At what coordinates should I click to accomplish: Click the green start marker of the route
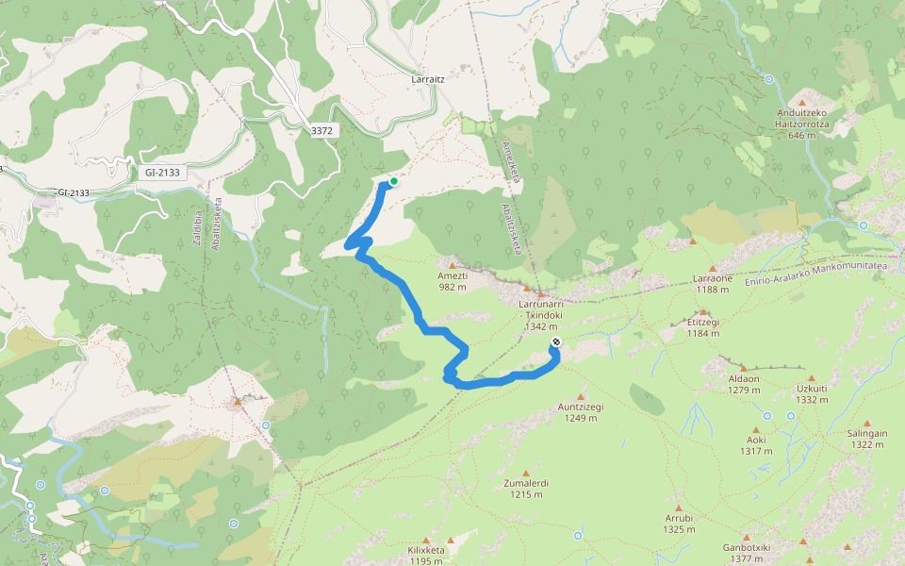coord(393,181)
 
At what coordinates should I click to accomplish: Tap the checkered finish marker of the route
coord(556,343)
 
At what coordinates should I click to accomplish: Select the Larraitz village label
coord(428,80)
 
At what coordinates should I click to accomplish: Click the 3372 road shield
coord(322,131)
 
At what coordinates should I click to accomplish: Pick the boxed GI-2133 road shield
coord(162,173)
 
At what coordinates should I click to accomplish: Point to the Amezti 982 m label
coord(452,281)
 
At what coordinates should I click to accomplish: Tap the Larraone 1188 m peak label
coord(713,284)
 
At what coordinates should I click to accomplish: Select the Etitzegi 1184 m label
coord(703,326)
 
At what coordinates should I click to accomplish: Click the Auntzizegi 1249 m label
coord(580,412)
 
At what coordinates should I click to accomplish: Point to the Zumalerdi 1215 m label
coord(526,488)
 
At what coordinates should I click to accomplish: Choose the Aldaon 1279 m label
coord(744,384)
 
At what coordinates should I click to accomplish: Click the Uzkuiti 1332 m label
coord(812,393)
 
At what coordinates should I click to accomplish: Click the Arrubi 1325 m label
coord(679,523)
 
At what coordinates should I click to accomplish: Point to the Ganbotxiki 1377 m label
coord(747,553)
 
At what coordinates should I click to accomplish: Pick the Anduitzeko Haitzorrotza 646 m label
coord(801,124)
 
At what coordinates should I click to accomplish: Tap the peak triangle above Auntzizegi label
coord(581,396)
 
